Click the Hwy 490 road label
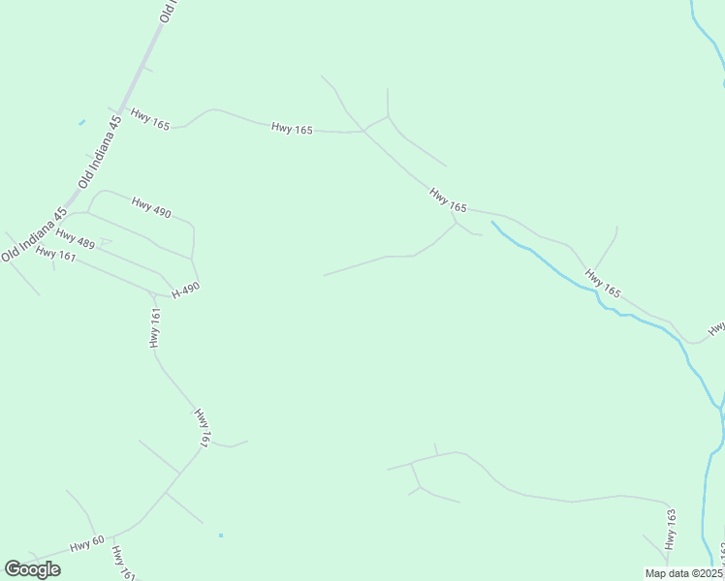click(151, 206)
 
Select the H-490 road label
click(185, 290)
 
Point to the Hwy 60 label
click(86, 545)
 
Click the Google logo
click(32, 569)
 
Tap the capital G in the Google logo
click(13, 569)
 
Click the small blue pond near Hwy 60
click(221, 535)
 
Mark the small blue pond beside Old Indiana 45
click(81, 122)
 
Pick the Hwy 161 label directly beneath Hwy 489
click(55, 254)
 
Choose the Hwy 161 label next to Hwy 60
click(122, 563)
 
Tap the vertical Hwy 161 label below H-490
click(154, 327)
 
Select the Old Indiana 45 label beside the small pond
click(101, 151)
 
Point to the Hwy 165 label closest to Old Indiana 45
click(149, 124)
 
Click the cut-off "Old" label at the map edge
click(170, 11)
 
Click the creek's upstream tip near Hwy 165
click(492, 222)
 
